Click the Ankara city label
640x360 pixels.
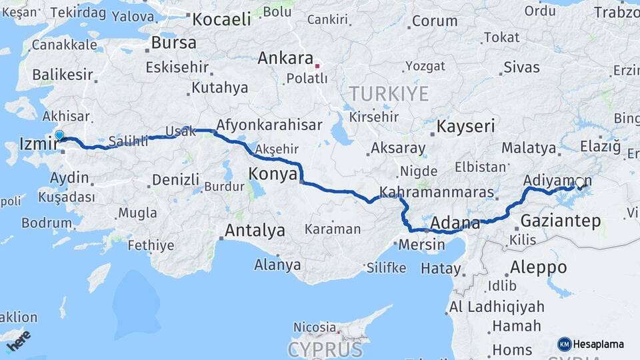pyautogui.click(x=285, y=58)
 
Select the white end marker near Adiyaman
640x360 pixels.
pyautogui.click(x=579, y=183)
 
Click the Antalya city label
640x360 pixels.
pyautogui.click(x=255, y=231)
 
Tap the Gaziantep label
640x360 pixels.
pyautogui.click(x=561, y=221)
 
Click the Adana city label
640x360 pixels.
pyautogui.click(x=455, y=223)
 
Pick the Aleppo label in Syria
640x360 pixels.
pyautogui.click(x=538, y=268)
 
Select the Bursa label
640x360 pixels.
pyautogui.click(x=173, y=43)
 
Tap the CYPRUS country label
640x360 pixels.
pyautogui.click(x=325, y=349)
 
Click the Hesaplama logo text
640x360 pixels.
pyautogui.click(x=598, y=344)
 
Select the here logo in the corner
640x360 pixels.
pyautogui.click(x=19, y=340)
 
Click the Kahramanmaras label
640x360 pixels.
pyautogui.click(x=436, y=193)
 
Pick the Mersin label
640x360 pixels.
pyautogui.click(x=421, y=245)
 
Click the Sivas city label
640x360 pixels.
pyautogui.click(x=521, y=67)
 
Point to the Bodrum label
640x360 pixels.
pyautogui.click(x=46, y=223)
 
